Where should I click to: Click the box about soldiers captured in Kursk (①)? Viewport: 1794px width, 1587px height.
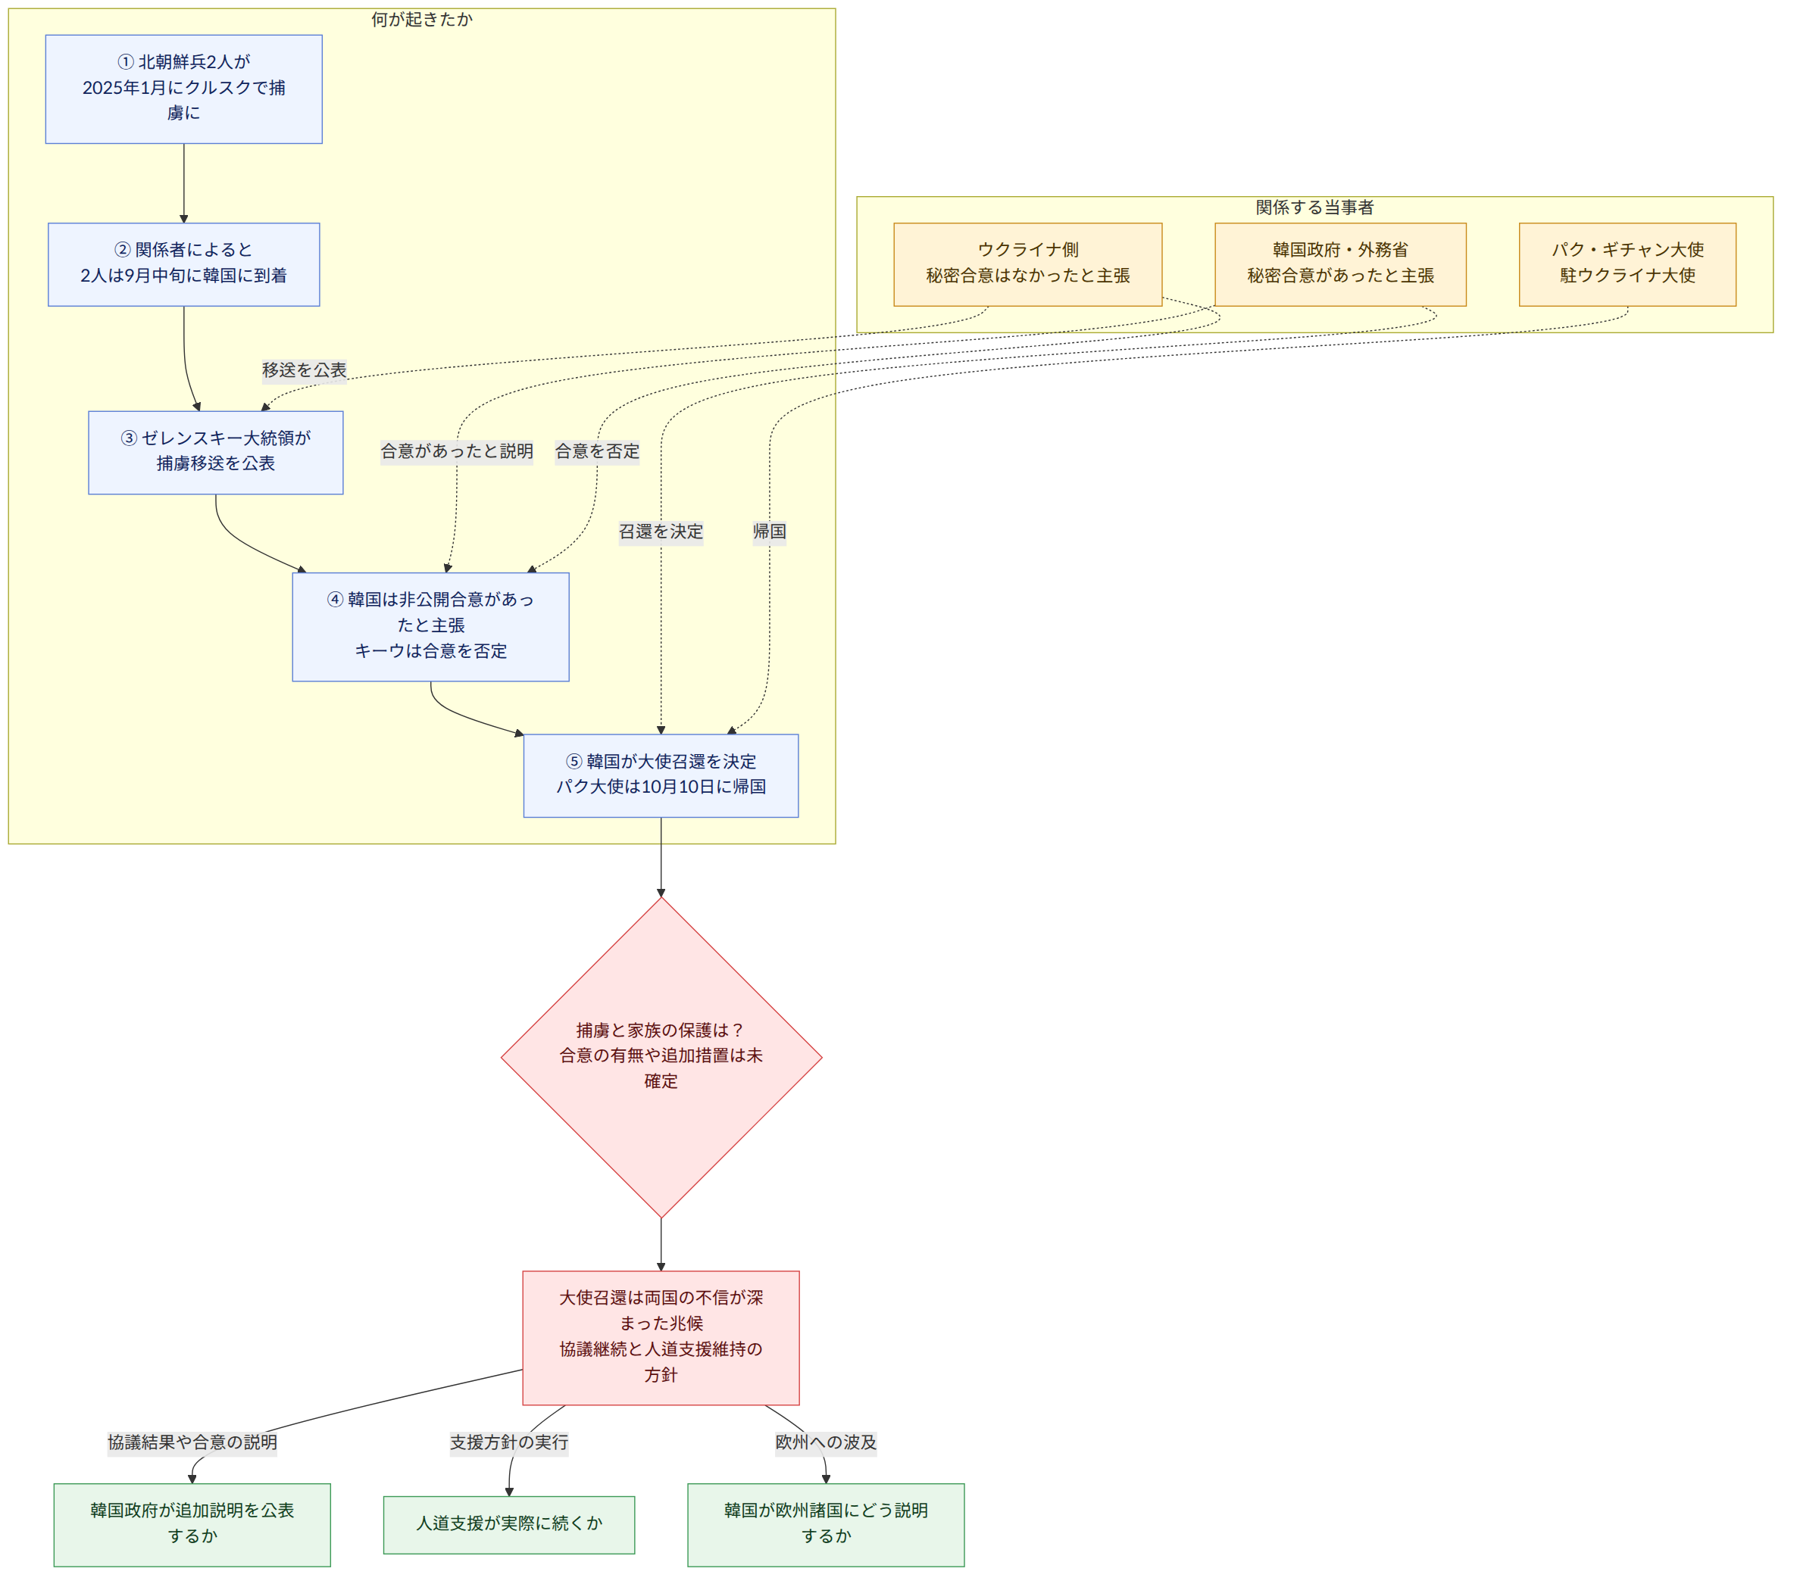point(183,89)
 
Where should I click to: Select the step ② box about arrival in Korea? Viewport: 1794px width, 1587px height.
point(183,264)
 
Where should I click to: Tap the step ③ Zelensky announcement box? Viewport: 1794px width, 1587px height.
point(215,452)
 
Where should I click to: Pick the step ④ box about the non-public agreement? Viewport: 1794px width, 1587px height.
point(430,626)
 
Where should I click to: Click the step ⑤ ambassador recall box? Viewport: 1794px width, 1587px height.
point(661,775)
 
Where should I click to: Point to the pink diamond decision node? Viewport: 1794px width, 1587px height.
point(661,1057)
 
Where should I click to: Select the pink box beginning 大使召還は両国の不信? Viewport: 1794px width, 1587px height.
point(661,1337)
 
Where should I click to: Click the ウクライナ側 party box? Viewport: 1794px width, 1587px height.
point(1028,264)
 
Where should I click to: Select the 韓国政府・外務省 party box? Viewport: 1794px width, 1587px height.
point(1340,264)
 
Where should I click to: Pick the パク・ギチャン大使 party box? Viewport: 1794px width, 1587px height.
point(1627,264)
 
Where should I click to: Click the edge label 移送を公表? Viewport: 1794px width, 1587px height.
point(305,370)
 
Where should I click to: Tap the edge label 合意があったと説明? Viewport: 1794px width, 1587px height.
point(456,451)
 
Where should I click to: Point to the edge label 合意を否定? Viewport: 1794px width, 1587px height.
point(597,451)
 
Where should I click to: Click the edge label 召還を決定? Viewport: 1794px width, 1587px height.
point(661,532)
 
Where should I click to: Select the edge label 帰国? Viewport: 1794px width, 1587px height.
point(770,532)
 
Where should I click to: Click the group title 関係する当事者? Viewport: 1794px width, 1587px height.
point(1314,207)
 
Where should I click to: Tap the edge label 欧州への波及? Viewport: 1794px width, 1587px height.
point(826,1442)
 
